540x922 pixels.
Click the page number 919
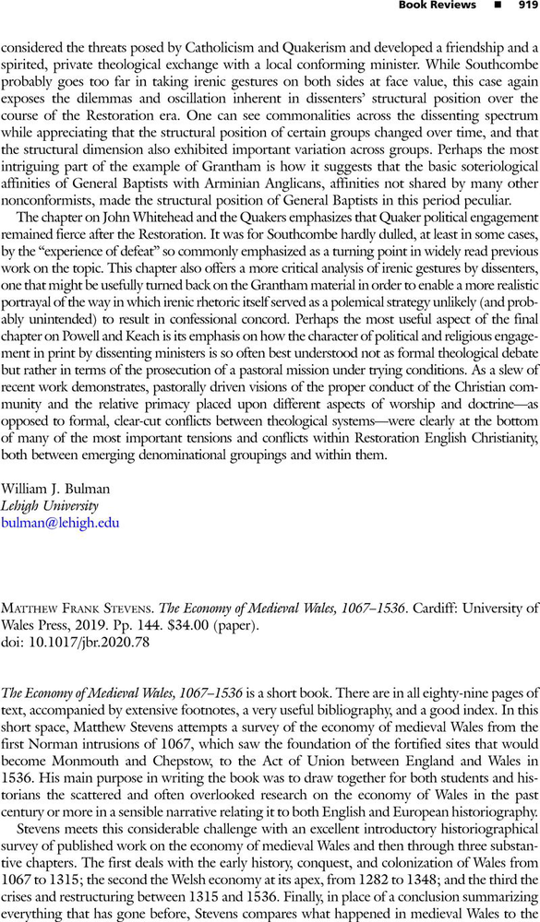[527, 6]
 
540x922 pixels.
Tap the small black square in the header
[497, 6]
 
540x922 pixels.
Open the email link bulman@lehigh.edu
[59, 522]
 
